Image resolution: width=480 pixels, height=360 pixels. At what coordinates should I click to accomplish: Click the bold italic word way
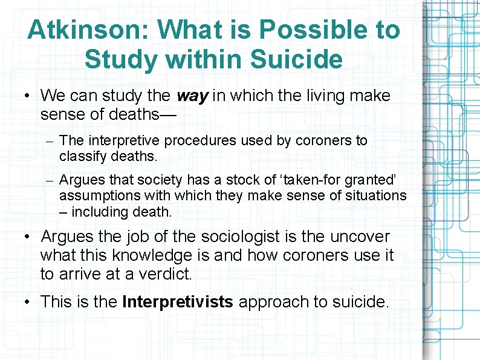[x=191, y=96]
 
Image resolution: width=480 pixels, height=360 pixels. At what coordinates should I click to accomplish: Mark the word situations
[x=369, y=195]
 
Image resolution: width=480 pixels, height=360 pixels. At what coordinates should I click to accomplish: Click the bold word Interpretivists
[x=177, y=302]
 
